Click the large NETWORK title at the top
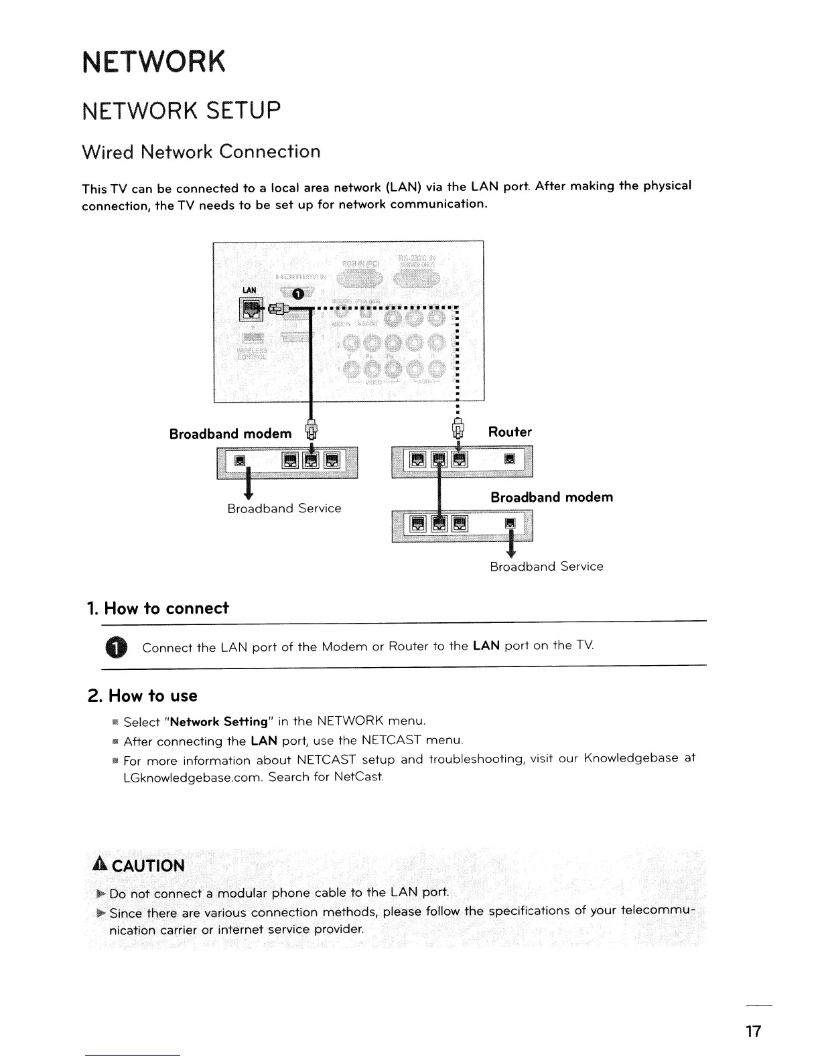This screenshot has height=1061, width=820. (153, 62)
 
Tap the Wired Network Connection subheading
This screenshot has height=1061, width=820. (200, 152)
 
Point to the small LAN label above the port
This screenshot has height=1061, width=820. (249, 289)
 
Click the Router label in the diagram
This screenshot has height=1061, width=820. (510, 432)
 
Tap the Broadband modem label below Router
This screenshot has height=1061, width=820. (551, 497)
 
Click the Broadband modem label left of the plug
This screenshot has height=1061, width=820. (230, 433)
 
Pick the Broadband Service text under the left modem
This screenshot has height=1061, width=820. (284, 508)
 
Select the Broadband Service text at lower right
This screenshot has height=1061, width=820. (546, 567)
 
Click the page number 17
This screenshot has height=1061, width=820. (754, 1031)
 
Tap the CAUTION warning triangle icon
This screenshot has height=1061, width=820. (100, 865)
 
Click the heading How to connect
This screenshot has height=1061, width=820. (157, 608)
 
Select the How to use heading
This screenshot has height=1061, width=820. (143, 696)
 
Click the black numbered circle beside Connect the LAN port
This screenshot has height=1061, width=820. (115, 647)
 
